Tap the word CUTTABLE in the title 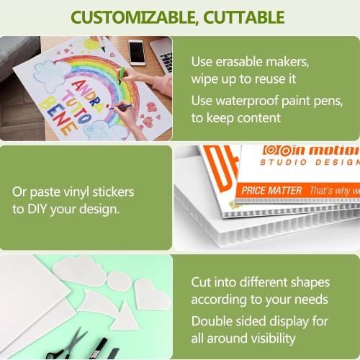(x=240, y=17)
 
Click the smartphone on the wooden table (x=137, y=51)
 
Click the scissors (x=69, y=344)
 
